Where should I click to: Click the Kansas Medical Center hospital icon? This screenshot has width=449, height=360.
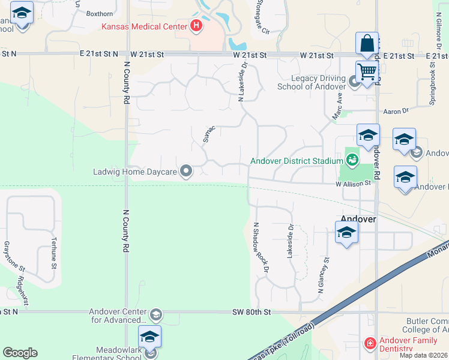tap(196, 26)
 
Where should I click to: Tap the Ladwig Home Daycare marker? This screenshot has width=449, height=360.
tap(186, 172)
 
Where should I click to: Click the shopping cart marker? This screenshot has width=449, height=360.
tap(367, 72)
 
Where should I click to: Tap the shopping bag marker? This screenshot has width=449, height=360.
tap(367, 44)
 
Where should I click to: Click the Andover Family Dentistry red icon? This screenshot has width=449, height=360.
tap(370, 344)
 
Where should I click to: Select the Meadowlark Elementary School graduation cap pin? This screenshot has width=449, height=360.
tap(149, 337)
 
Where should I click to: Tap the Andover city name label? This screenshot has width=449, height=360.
tap(358, 219)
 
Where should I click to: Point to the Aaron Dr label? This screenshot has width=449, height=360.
tap(396, 111)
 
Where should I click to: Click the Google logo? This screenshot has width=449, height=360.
tap(20, 353)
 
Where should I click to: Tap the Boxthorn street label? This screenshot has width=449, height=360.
tap(99, 13)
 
